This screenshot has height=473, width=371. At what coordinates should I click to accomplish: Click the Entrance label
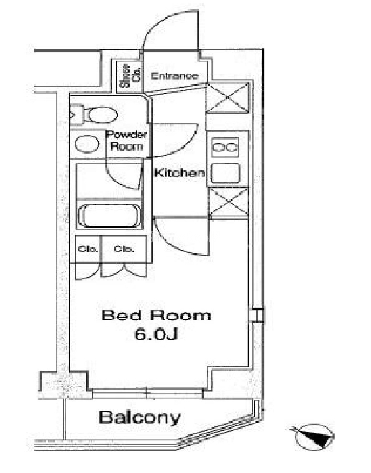point(175,76)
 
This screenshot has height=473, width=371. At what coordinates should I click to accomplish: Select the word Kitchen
point(179,173)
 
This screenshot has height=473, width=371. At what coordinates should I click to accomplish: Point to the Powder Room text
point(127,140)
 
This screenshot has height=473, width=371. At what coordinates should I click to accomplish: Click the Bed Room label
point(157,315)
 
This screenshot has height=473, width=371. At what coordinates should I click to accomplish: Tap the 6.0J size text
point(156,334)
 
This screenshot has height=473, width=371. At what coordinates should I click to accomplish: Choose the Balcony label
point(140,417)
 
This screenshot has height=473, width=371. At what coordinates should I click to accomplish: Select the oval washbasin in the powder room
point(87,144)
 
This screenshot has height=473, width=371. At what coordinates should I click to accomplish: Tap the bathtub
point(109,216)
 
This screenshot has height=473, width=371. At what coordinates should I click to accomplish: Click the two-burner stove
point(225,147)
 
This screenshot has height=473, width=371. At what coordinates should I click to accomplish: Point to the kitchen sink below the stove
point(225,173)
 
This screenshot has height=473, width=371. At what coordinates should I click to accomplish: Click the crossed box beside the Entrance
point(228,98)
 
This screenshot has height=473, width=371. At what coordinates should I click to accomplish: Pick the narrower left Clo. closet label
point(88,249)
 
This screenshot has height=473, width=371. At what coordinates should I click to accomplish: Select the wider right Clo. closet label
point(123,249)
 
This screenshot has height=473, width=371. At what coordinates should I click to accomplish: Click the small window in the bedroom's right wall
point(258,315)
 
